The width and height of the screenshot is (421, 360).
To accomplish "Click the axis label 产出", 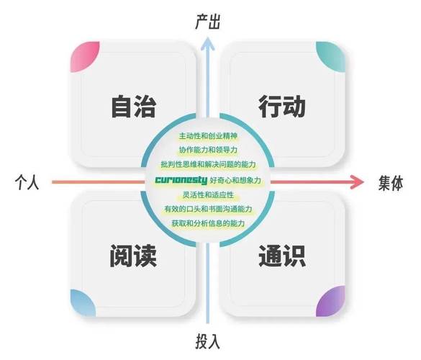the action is [207, 22].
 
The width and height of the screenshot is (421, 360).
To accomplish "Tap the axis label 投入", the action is [207, 341].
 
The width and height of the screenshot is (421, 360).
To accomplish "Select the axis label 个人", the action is [27, 182].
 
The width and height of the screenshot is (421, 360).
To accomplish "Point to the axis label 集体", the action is [391, 183].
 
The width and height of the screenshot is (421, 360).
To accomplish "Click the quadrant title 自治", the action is [133, 106].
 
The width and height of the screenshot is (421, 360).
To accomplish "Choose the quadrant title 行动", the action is [281, 106].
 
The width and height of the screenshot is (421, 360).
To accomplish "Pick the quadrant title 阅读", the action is [133, 256].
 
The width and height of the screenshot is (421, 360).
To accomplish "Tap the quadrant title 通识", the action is [282, 256].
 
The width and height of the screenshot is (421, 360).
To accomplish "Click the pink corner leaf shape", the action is [85, 57].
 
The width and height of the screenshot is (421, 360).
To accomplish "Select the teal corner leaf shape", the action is [330, 57].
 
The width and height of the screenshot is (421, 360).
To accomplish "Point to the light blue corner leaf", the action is [83, 303].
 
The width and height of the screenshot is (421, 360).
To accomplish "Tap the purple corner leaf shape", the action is [330, 301].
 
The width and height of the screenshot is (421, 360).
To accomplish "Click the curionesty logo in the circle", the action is [181, 180].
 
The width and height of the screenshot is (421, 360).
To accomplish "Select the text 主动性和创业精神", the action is [208, 136].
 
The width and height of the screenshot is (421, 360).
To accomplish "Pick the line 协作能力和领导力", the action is [208, 150].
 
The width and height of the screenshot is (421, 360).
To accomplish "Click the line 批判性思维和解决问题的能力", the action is [208, 164].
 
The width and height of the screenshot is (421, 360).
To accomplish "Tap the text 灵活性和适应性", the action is [208, 194].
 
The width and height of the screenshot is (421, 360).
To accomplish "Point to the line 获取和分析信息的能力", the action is [208, 223].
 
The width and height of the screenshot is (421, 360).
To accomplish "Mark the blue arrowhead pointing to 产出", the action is [207, 43].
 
